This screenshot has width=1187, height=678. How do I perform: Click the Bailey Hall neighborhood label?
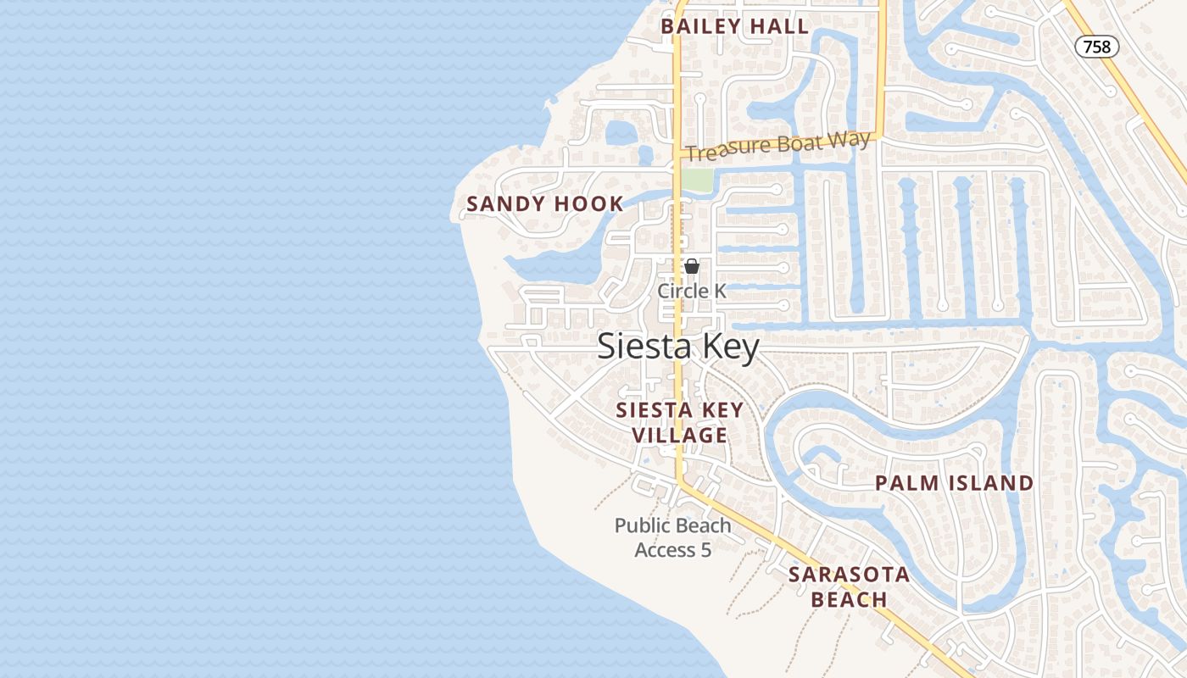point(735,26)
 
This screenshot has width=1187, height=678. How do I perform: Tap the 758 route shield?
point(1096,47)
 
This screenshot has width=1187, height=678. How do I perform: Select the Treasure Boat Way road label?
point(778,146)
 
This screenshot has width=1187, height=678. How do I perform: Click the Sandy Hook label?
point(545,204)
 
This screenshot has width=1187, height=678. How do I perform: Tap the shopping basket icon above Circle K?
point(692,266)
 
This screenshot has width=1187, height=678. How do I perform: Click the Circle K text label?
point(692,291)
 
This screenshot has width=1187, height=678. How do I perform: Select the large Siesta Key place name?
point(678,347)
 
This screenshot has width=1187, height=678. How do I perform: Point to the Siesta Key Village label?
point(679,422)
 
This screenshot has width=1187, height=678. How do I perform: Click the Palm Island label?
point(954,483)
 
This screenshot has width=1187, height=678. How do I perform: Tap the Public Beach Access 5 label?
point(672,537)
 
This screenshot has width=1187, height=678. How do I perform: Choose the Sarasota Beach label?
point(849,586)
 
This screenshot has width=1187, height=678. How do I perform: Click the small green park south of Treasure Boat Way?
point(697,180)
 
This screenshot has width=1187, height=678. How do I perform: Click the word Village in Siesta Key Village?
point(679,436)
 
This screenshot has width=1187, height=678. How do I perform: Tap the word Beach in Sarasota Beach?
point(849,600)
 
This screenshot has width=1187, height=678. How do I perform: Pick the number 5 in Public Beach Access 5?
point(705,550)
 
